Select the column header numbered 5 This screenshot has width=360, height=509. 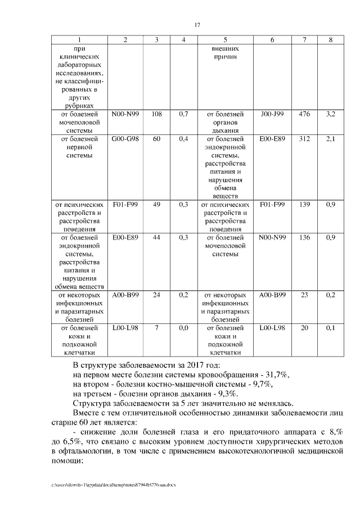(x=225, y=39)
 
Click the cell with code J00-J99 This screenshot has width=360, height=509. (x=272, y=114)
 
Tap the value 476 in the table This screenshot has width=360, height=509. (x=304, y=114)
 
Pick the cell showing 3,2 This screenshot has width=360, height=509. (x=330, y=114)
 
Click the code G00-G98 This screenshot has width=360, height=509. (x=125, y=139)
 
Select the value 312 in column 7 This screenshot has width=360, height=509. (x=304, y=139)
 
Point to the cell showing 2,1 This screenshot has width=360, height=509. (x=330, y=139)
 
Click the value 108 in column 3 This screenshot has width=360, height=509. (x=157, y=114)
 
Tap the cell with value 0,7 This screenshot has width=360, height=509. (x=183, y=114)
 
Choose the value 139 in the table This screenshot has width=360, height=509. (x=304, y=205)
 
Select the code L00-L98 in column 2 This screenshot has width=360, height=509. (x=125, y=327)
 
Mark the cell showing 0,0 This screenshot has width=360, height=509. (x=183, y=327)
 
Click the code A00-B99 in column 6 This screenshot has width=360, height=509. (x=272, y=295)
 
